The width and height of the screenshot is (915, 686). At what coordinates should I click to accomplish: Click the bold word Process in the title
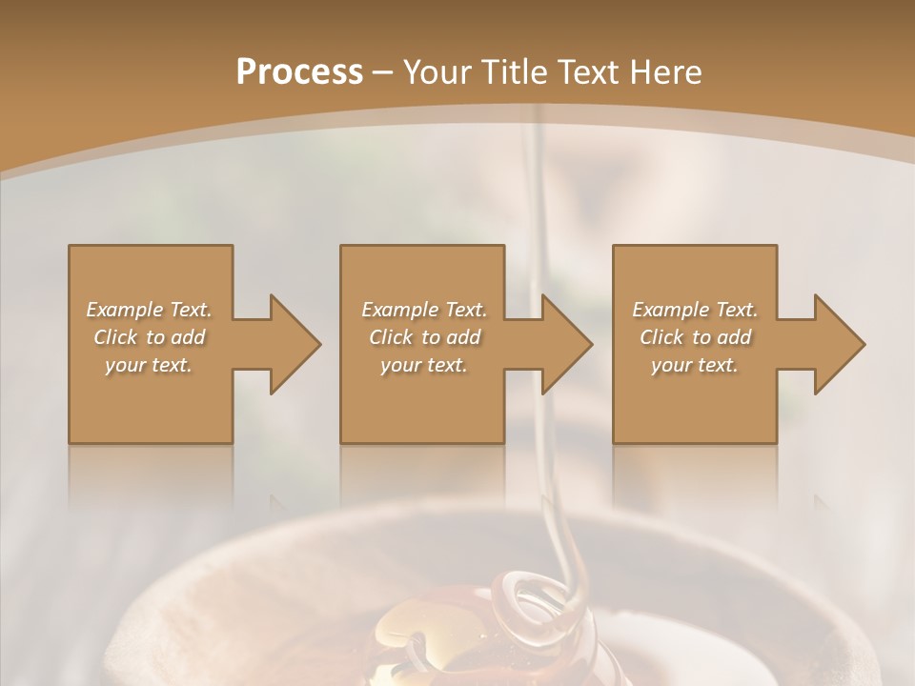point(299,72)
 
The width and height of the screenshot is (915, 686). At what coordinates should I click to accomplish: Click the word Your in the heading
point(437,72)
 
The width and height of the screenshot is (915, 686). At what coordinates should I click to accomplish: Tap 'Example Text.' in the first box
point(150,310)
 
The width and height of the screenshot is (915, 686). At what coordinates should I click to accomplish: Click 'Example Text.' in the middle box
point(424,310)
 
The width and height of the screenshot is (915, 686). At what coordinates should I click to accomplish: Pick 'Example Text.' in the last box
point(695,310)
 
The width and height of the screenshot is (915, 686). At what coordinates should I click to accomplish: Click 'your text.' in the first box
point(149,365)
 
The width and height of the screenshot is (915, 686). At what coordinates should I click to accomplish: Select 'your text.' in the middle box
point(424,365)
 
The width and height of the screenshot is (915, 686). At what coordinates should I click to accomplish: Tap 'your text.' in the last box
point(695,365)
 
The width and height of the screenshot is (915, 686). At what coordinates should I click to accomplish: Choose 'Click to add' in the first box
point(150,337)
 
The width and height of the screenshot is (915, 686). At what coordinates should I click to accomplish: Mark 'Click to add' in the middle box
point(424,337)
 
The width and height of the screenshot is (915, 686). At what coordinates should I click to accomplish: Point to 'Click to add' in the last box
point(695,337)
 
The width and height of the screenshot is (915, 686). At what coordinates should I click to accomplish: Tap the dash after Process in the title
point(383,72)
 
